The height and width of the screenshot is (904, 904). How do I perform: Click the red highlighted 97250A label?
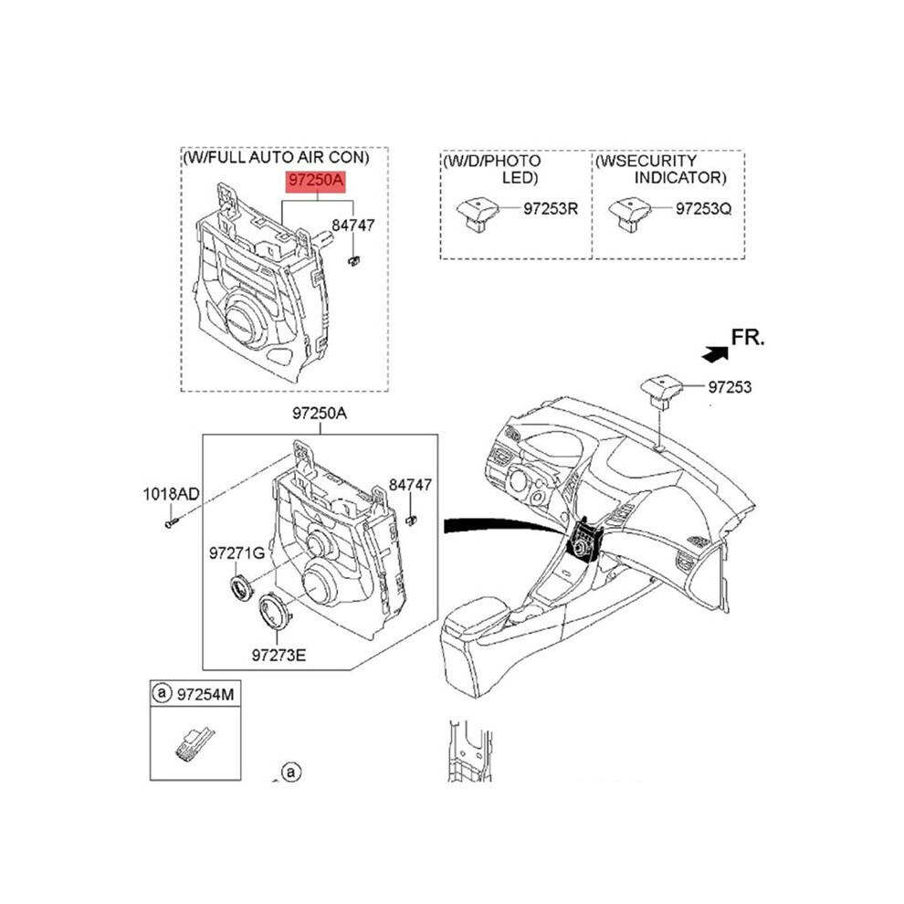(316, 181)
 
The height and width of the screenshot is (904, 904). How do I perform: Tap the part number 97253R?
(550, 208)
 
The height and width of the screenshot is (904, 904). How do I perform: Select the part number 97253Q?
(703, 208)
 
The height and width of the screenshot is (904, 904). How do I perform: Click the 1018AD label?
(172, 493)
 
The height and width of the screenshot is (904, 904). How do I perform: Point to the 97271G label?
(237, 553)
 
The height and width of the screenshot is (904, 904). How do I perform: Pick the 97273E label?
(279, 655)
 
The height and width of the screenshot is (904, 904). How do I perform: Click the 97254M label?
(205, 694)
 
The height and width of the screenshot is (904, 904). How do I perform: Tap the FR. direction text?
(748, 337)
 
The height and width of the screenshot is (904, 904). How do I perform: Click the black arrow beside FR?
(715, 354)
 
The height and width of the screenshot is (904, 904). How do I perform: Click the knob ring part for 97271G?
(242, 588)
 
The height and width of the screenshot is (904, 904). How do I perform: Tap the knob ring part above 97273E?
(275, 611)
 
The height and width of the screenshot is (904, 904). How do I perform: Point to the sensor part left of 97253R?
(478, 213)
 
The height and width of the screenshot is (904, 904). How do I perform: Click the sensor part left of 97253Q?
(629, 215)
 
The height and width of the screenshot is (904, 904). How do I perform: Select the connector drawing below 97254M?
(194, 743)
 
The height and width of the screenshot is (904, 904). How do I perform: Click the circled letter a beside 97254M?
(162, 692)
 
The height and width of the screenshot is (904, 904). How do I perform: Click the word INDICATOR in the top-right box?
(680, 177)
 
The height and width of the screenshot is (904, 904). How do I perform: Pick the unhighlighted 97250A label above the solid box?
(320, 414)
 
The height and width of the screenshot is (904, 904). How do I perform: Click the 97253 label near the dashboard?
(730, 387)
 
